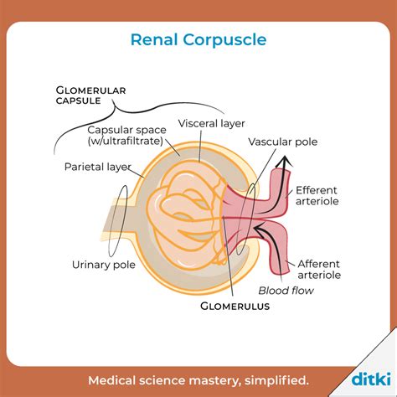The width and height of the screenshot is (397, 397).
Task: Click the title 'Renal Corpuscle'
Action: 198,39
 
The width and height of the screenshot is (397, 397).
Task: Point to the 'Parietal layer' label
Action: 98,166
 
